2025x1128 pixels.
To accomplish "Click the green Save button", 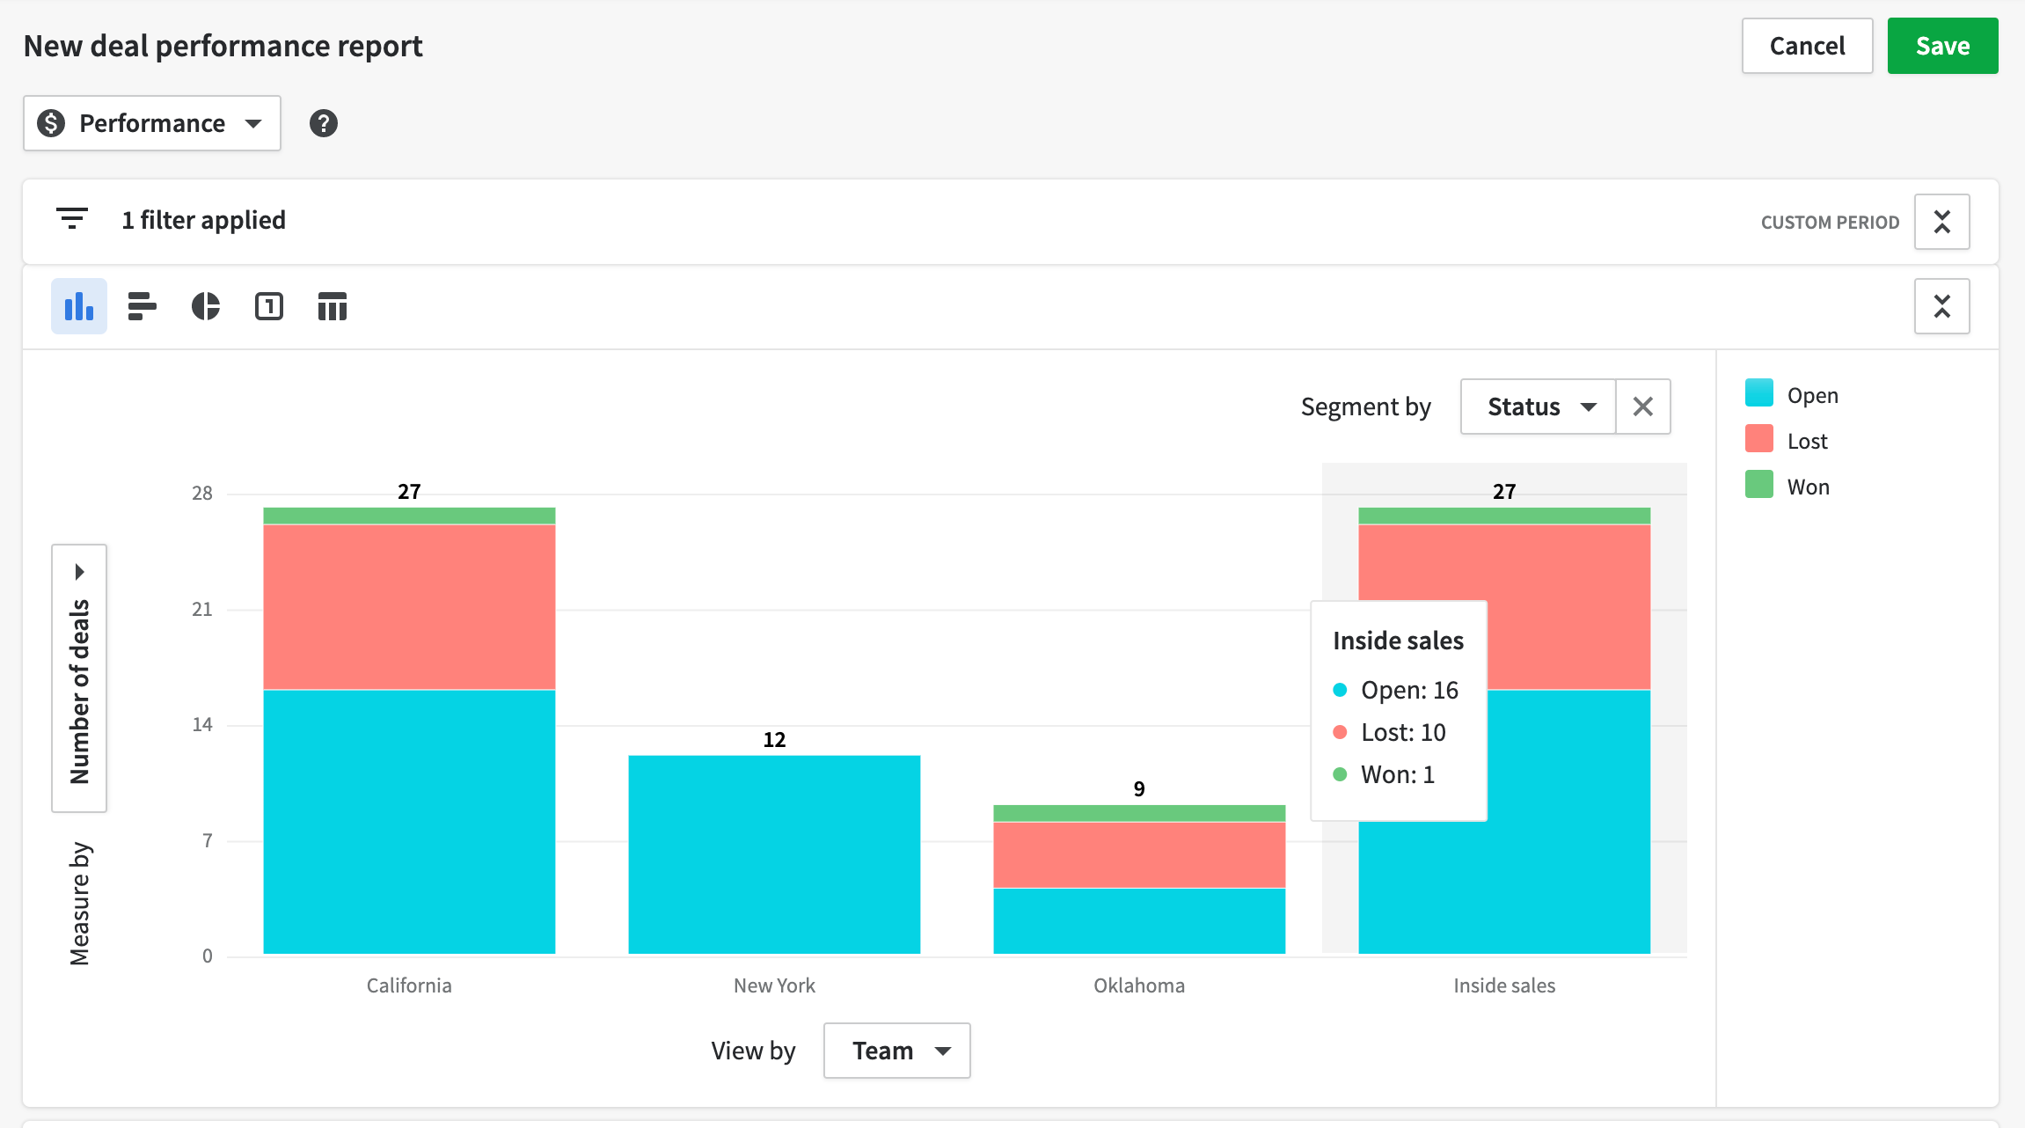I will point(1941,46).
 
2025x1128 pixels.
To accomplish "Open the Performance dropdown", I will point(152,123).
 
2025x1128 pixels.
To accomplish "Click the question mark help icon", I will point(323,123).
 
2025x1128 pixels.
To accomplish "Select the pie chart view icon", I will point(206,306).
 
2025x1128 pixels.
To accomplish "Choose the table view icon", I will point(332,306).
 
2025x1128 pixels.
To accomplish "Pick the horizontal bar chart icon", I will point(142,306).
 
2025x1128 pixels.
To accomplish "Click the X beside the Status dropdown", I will point(1642,407).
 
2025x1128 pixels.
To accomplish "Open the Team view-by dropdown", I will point(896,1051).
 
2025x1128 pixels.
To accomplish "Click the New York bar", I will point(774,853).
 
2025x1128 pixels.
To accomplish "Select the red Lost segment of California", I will point(409,607).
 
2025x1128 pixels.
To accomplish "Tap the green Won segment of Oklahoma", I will point(1139,813).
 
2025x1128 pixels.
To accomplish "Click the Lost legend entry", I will point(1807,441).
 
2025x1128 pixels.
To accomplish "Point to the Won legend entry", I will point(1808,487).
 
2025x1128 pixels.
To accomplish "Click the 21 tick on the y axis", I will point(202,609).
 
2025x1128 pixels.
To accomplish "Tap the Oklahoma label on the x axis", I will point(1139,985).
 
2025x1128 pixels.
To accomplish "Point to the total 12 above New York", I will point(774,740).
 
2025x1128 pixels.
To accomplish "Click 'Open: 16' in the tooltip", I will point(1408,691).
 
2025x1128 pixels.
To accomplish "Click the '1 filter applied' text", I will point(203,220).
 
